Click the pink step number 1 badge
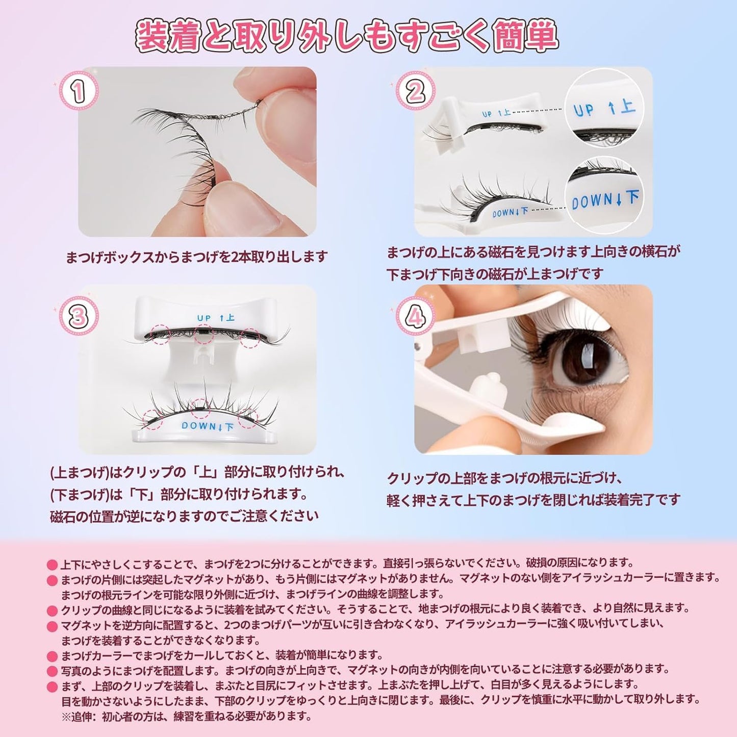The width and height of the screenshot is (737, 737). coord(78,92)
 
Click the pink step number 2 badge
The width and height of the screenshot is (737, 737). coord(415,92)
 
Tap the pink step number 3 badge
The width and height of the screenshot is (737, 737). coord(78,317)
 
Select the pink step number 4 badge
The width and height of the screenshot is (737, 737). coord(415,317)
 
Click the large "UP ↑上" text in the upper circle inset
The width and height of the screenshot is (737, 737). coord(604,110)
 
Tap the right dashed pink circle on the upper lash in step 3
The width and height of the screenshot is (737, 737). coord(250,338)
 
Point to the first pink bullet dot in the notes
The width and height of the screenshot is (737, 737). coord(52,565)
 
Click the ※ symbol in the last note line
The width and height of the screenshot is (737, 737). coord(67,717)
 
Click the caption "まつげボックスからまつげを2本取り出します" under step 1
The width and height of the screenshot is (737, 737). coord(196,257)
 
